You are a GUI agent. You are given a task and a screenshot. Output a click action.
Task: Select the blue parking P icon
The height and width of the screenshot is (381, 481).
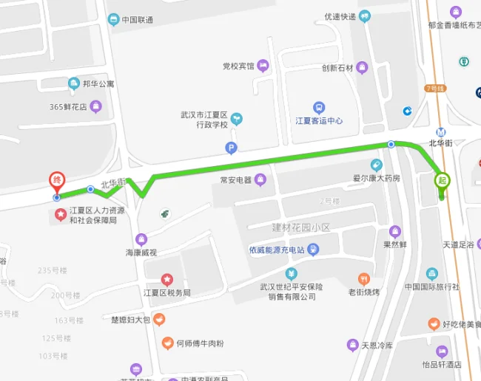click(x=232, y=148)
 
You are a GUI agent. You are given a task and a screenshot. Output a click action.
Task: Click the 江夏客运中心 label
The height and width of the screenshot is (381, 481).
click(x=319, y=121)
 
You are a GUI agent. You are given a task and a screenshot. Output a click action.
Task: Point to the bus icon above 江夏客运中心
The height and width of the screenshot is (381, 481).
click(x=319, y=108)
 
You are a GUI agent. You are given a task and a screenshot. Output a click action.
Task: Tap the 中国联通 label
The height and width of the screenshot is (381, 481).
click(x=138, y=20)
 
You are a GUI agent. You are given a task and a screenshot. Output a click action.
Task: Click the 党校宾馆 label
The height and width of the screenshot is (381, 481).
click(x=238, y=66)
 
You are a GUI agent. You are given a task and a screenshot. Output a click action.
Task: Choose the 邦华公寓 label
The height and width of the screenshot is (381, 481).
click(x=98, y=84)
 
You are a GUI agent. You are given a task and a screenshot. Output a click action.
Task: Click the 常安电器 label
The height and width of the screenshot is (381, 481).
click(x=236, y=179)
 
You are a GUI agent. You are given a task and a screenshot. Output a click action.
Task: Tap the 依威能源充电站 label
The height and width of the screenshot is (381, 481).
click(x=277, y=250)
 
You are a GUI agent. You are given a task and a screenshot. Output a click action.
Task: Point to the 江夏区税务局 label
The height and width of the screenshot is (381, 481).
click(x=166, y=293)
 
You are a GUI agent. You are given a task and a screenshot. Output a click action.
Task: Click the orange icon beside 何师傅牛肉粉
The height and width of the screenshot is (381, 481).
click(x=168, y=343)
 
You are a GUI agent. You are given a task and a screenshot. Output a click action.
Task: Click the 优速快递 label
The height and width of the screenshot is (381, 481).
click(x=340, y=17)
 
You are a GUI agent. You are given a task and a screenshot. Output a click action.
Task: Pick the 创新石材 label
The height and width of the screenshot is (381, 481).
click(x=337, y=69)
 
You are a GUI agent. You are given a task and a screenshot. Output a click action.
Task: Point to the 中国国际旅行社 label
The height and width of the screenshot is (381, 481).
click(x=432, y=286)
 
